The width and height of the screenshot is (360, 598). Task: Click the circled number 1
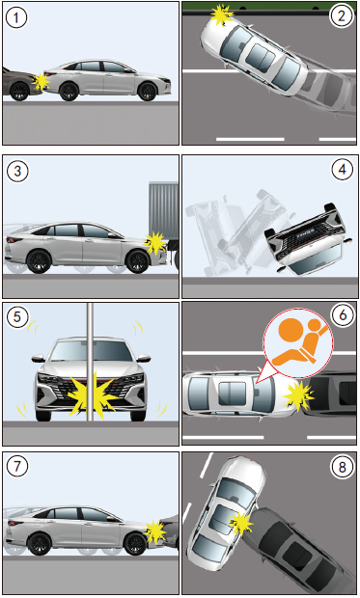pyautogui.click(x=16, y=18)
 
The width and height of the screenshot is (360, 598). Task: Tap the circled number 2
pyautogui.click(x=341, y=15)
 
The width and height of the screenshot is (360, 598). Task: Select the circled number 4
pyautogui.click(x=342, y=169)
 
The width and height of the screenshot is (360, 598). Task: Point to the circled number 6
pyautogui.click(x=343, y=314)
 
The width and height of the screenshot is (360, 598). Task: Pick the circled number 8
pyautogui.click(x=342, y=467)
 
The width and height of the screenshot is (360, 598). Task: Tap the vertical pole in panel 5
pyautogui.click(x=90, y=362)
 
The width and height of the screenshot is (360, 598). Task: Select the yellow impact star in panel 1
pyautogui.click(x=41, y=82)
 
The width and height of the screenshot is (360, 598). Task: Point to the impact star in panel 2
pyautogui.click(x=222, y=14)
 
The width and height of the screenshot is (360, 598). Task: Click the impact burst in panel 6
pyautogui.click(x=298, y=395)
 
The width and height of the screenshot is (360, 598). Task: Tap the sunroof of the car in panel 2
pyautogui.click(x=262, y=53)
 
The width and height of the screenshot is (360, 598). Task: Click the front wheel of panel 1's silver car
pyautogui.click(x=148, y=92)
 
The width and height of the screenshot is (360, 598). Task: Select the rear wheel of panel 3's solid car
pyautogui.click(x=39, y=261)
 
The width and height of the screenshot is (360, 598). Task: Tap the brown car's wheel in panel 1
pyautogui.click(x=19, y=92)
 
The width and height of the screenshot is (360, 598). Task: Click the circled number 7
pyautogui.click(x=16, y=466)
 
